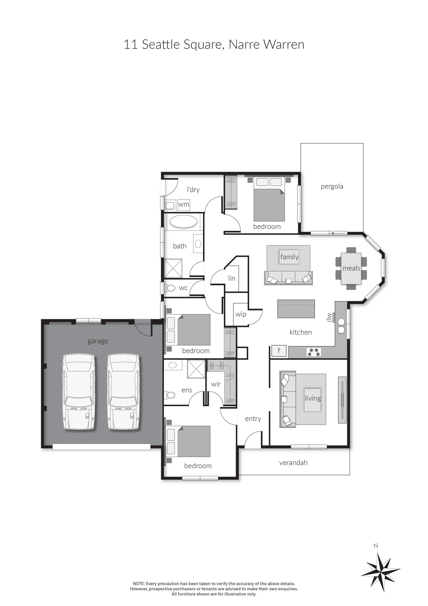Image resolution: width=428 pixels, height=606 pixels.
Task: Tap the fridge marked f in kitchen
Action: [x=279, y=351]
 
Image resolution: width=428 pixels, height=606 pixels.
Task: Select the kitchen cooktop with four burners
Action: [x=314, y=352]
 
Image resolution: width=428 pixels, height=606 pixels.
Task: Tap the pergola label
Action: [x=332, y=186]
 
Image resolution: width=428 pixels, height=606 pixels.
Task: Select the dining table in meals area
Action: [x=351, y=268]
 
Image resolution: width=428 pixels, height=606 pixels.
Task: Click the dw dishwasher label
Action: [x=329, y=317]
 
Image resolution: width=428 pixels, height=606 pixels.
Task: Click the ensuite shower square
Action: [x=196, y=369]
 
